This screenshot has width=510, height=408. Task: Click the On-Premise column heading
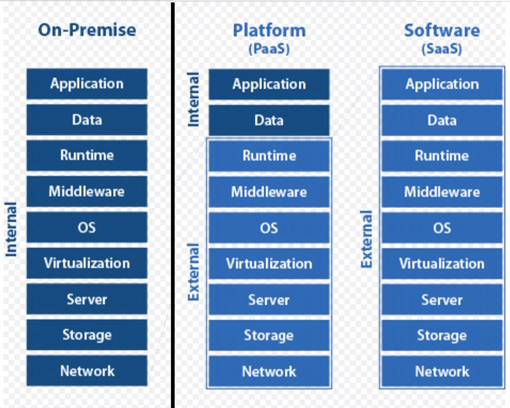[x=87, y=30]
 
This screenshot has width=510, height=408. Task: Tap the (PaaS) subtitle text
[x=269, y=49]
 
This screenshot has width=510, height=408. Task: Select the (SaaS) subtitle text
[x=442, y=49]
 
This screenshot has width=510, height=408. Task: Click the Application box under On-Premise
[x=87, y=84]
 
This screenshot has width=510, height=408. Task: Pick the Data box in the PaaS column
[x=269, y=120]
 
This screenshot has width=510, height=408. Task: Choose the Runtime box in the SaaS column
[x=442, y=156]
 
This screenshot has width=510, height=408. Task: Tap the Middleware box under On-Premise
[x=87, y=191]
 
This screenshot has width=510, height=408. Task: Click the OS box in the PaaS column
[x=269, y=228]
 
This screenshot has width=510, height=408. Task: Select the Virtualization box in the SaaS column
[x=442, y=263]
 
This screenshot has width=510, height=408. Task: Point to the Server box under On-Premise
[x=87, y=299]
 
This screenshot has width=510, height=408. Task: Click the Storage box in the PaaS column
[x=269, y=335]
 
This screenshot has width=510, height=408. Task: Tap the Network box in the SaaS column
[x=442, y=371]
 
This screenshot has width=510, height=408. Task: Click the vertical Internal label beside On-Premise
[x=11, y=229]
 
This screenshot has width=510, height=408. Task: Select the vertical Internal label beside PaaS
[x=193, y=99]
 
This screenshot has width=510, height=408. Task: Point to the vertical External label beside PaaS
[x=193, y=272]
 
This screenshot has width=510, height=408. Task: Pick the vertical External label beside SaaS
[x=366, y=239]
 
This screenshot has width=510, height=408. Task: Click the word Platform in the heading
[x=269, y=31]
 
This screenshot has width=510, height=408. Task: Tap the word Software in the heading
[x=442, y=31]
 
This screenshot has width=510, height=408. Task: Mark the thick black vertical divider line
[x=172, y=205]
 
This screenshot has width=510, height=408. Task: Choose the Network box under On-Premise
[x=87, y=370]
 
